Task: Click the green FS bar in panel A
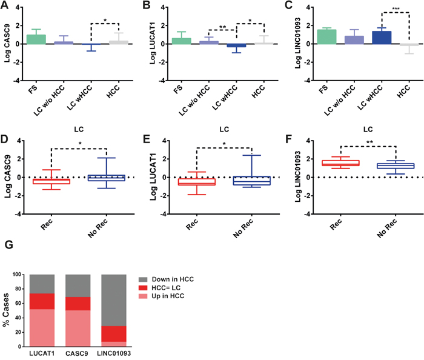tap(36, 39)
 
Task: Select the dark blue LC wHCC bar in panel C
tap(382, 38)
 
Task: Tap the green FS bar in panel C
tap(326, 37)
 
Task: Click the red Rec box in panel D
tap(51, 181)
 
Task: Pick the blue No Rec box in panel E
tap(252, 181)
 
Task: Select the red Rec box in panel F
tap(340, 163)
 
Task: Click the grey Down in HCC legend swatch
tap(143, 279)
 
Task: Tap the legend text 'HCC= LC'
tap(166, 288)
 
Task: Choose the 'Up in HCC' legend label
tap(168, 296)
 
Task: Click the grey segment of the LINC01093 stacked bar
tap(114, 300)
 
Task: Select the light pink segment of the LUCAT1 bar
tap(42, 328)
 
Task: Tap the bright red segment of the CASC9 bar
tap(78, 304)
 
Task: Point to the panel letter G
tap(8, 244)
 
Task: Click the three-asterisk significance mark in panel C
tap(396, 9)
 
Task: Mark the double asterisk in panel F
tap(369, 142)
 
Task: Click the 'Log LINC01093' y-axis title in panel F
tap(298, 176)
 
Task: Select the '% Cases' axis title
tap(5, 310)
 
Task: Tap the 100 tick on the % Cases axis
tap(16, 275)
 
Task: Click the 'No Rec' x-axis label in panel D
tap(98, 228)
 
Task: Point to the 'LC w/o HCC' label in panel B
tap(194, 101)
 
